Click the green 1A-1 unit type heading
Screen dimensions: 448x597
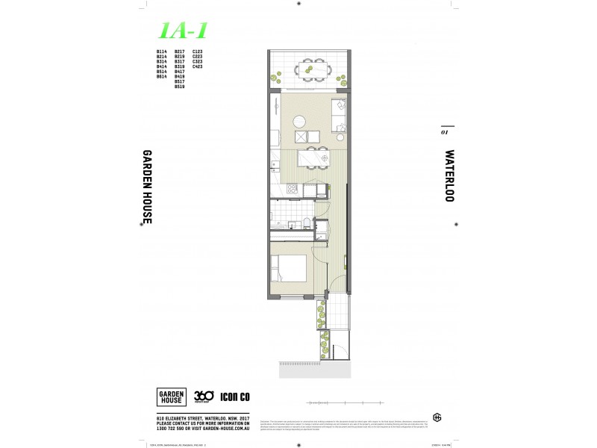pyautogui.click(x=183, y=30)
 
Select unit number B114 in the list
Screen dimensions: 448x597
pyautogui.click(x=161, y=52)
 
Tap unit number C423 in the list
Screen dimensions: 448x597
pyautogui.click(x=198, y=66)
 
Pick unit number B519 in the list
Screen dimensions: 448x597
pyautogui.click(x=179, y=87)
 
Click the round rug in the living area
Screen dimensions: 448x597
pyautogui.click(x=299, y=120)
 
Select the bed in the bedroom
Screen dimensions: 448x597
pyautogui.click(x=289, y=268)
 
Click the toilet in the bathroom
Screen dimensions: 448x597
pyautogui.click(x=306, y=221)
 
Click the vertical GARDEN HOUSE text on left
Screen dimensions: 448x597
pyautogui.click(x=147, y=186)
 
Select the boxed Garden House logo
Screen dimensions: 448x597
pyautogui.click(x=171, y=397)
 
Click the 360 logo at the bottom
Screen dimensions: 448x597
pyautogui.click(x=204, y=396)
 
